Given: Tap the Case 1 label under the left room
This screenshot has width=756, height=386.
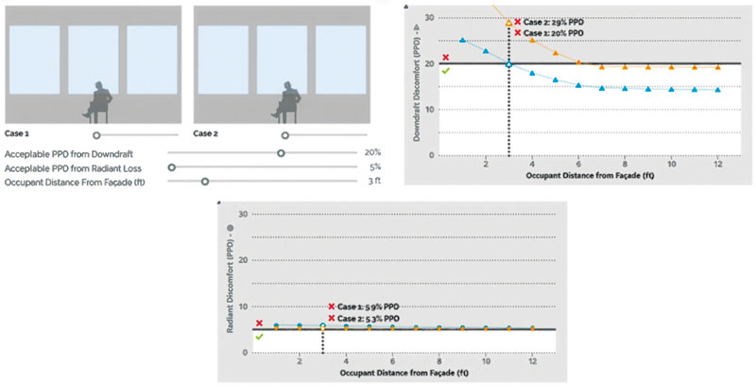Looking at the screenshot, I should [x=19, y=133].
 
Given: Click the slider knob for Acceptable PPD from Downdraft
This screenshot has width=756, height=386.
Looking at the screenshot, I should [x=281, y=151].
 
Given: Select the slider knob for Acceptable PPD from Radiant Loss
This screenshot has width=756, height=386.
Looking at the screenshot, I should [x=171, y=166].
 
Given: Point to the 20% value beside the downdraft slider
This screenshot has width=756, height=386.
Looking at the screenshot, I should [x=372, y=151].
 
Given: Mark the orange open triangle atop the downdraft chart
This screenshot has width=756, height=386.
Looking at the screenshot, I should [x=509, y=22].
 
